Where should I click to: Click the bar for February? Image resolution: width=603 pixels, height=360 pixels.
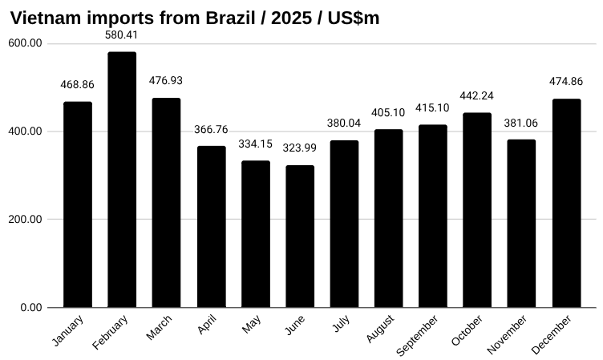pyautogui.click(x=122, y=180)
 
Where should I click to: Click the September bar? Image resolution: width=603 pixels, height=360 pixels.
pyautogui.click(x=433, y=216)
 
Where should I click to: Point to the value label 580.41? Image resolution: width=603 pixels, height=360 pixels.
pyautogui.click(x=122, y=35)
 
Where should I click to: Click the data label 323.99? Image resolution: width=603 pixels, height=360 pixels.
pyautogui.click(x=300, y=149)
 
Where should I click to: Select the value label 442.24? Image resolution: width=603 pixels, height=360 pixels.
pyautogui.click(x=477, y=96)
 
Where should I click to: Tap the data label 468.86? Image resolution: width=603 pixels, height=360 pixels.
pyautogui.click(x=78, y=85)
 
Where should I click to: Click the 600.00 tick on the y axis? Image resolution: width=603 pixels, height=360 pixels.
pyautogui.click(x=26, y=43)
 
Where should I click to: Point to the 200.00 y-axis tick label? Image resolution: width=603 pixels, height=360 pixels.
pyautogui.click(x=26, y=220)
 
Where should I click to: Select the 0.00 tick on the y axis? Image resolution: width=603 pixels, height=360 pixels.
pyautogui.click(x=30, y=308)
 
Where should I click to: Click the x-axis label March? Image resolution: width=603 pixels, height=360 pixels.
pyautogui.click(x=160, y=328)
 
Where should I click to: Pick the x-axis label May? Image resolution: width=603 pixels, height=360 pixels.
pyautogui.click(x=252, y=325)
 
